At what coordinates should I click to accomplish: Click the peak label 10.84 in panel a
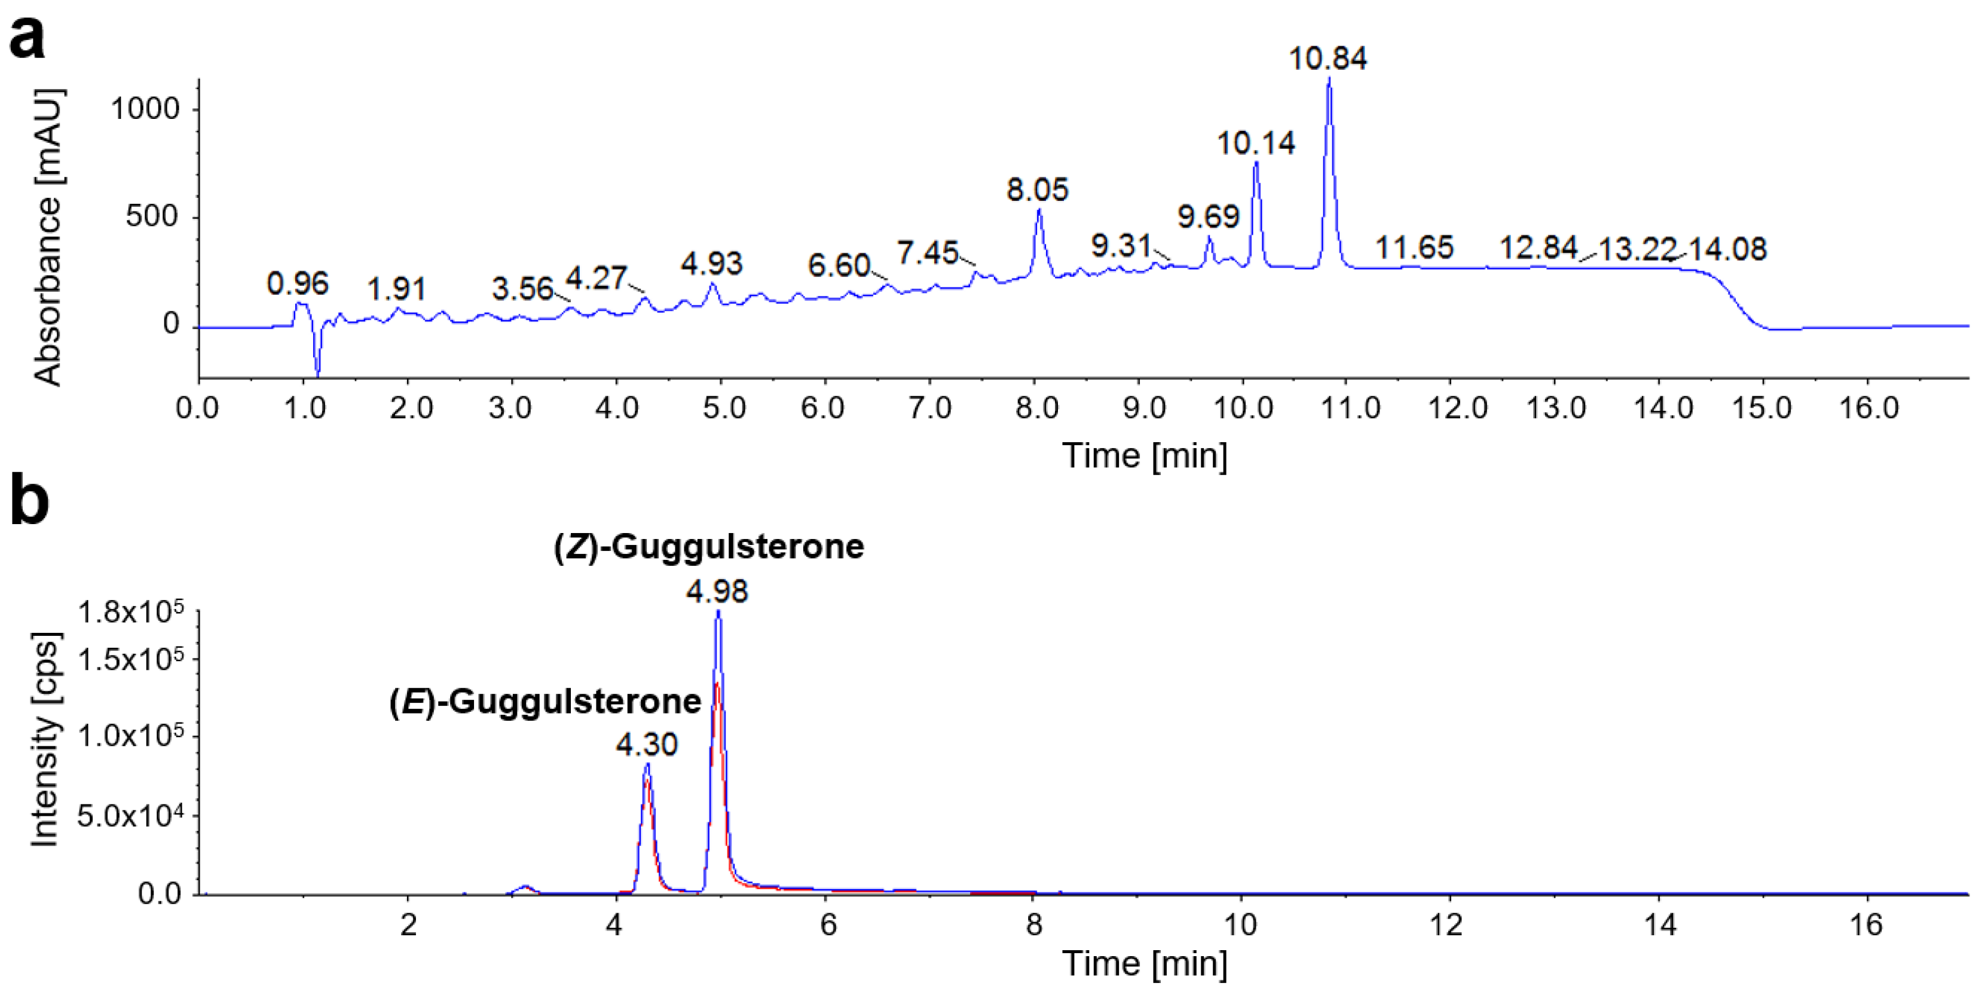1328,59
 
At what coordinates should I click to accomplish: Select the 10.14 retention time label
1255,143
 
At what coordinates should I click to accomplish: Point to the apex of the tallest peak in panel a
1329,80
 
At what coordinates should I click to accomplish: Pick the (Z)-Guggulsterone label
709,547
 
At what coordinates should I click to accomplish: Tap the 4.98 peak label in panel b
717,591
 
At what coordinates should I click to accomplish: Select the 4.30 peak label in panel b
646,744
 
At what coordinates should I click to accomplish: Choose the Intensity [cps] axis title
46,739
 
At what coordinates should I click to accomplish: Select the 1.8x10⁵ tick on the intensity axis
131,613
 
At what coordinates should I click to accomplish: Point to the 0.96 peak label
298,284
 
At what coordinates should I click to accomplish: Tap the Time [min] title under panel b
1144,963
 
